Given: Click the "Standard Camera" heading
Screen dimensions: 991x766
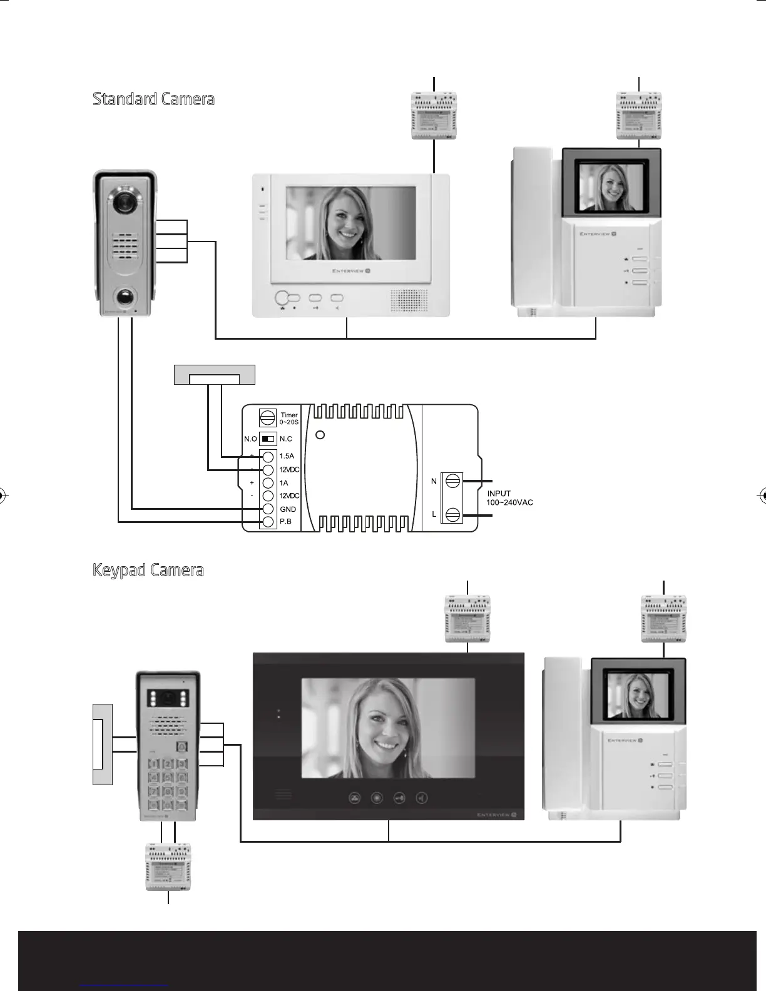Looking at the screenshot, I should pos(153,99).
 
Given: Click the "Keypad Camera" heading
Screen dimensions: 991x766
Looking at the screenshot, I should pos(148,571).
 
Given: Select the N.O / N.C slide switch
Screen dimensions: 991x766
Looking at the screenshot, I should pos(268,439).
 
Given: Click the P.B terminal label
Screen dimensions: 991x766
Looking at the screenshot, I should pos(285,522).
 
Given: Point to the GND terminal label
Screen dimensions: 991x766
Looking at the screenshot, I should pos(288,509).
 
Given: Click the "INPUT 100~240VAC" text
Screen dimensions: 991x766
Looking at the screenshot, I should pos(509,498).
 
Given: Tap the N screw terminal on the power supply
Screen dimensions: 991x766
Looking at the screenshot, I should pos(453,480).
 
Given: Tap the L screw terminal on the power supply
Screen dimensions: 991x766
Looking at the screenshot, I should pos(453,515).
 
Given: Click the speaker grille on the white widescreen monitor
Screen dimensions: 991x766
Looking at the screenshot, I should pos(410,300).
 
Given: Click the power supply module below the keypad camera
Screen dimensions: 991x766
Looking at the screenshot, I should pos(168,867).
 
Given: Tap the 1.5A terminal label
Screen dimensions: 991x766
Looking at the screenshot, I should pos(287,456).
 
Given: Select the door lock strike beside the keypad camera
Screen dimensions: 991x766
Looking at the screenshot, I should pos(102,743).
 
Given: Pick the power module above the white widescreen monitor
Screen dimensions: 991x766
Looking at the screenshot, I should pos(434,116).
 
